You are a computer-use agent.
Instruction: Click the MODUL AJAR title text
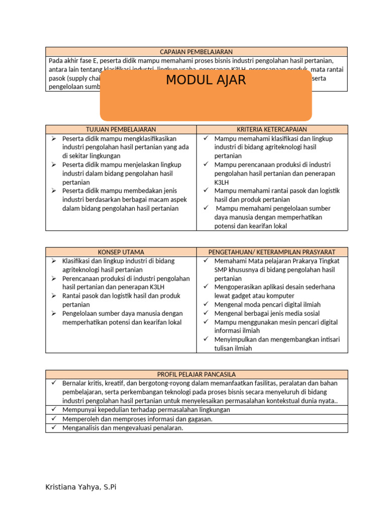point(206,80)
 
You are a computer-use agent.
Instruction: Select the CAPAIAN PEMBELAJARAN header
point(196,52)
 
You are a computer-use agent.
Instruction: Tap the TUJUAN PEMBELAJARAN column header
point(121,129)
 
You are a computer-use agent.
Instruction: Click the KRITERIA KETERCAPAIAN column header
point(271,129)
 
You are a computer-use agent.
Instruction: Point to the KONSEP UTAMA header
point(121,252)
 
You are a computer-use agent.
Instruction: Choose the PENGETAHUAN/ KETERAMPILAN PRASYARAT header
point(271,252)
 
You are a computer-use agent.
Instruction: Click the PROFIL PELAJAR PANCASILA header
point(196,375)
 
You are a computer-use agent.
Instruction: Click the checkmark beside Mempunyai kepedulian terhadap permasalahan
point(54,410)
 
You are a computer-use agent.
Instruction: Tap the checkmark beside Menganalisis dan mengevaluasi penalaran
point(54,428)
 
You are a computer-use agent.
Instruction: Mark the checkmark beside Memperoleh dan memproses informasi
point(54,419)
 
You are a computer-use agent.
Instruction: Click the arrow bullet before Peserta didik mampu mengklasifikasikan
point(54,138)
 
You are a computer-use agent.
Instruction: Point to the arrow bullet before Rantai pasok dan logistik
point(54,296)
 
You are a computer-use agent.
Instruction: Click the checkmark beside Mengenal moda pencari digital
point(206,304)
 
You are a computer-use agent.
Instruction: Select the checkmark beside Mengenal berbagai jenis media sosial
point(206,313)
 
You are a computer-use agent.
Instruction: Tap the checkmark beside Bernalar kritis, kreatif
point(54,383)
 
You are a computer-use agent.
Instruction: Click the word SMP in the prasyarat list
point(221,270)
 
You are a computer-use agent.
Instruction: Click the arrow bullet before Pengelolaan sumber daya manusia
point(54,313)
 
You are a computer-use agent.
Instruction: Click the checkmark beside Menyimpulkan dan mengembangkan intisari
point(206,339)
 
